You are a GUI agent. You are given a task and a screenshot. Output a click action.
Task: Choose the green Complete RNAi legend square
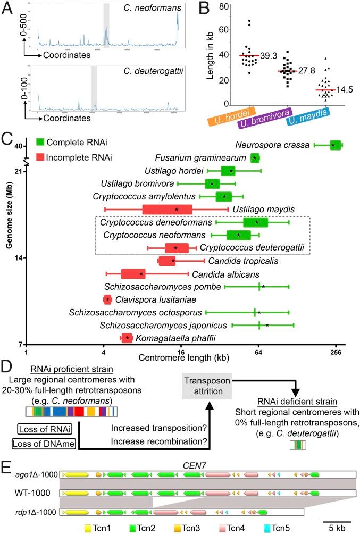coord(39,142)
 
